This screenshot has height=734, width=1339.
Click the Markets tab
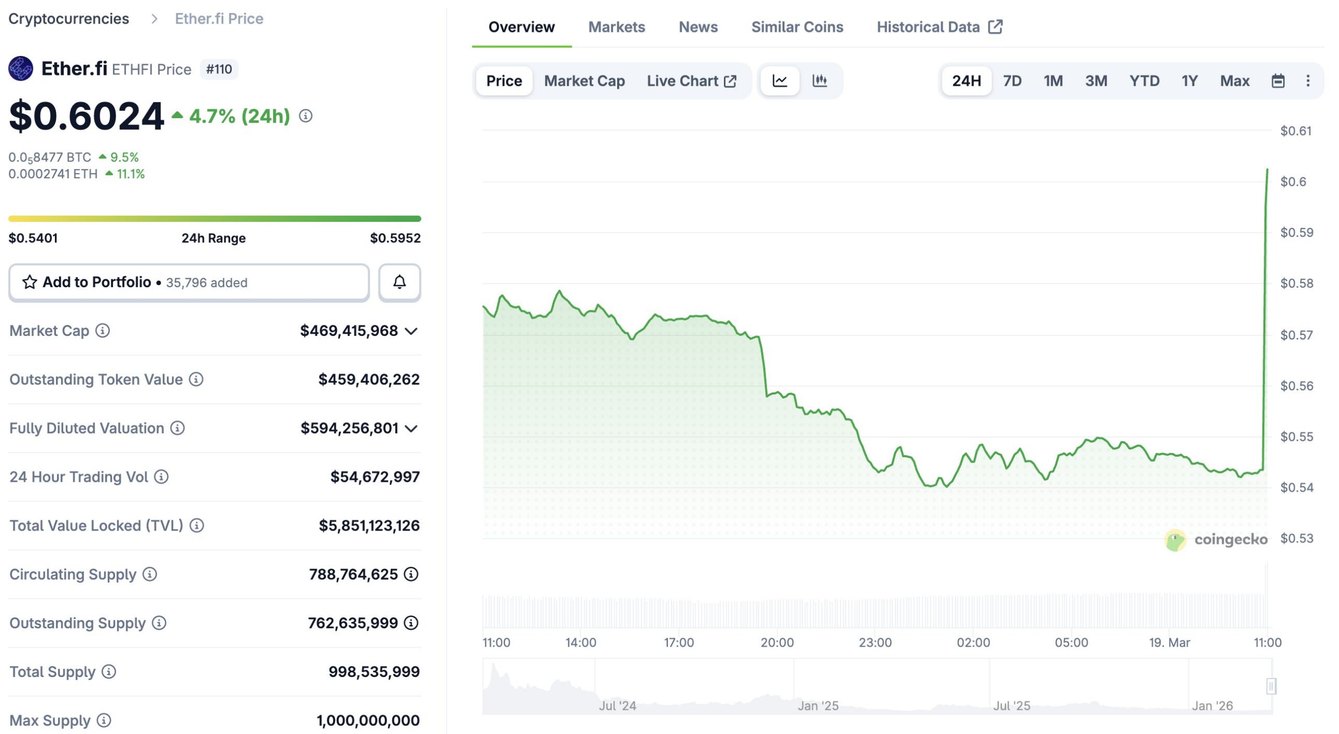pyautogui.click(x=616, y=27)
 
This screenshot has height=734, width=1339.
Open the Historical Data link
pyautogui.click(x=939, y=27)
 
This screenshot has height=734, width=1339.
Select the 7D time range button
pyautogui.click(x=1012, y=81)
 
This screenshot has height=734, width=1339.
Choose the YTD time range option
pyautogui.click(x=1144, y=81)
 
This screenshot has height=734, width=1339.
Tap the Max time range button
pyautogui.click(x=1234, y=81)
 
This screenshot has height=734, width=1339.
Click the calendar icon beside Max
pyautogui.click(x=1277, y=81)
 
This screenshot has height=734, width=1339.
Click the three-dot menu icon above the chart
pyautogui.click(x=1307, y=81)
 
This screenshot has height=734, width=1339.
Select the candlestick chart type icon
pyautogui.click(x=819, y=81)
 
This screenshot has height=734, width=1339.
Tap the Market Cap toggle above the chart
pyautogui.click(x=584, y=81)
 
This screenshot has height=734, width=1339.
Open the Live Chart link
pyautogui.click(x=691, y=81)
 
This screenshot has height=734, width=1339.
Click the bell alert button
pyautogui.click(x=399, y=283)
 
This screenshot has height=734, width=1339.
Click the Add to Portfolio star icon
pyautogui.click(x=30, y=283)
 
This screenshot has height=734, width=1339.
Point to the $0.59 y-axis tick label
pyautogui.click(x=1296, y=232)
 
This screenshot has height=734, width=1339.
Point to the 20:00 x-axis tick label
pyautogui.click(x=777, y=642)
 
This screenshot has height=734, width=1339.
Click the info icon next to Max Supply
pyautogui.click(x=104, y=720)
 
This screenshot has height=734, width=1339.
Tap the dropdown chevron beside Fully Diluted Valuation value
pyautogui.click(x=412, y=429)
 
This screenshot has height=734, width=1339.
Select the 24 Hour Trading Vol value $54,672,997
pyautogui.click(x=375, y=477)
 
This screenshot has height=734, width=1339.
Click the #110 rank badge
pyautogui.click(x=219, y=70)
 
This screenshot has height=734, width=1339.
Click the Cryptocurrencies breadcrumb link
pyautogui.click(x=69, y=19)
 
